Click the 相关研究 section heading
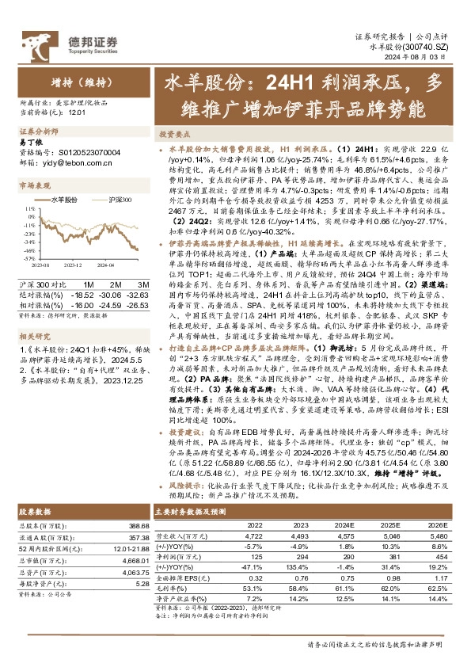click(36, 312)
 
